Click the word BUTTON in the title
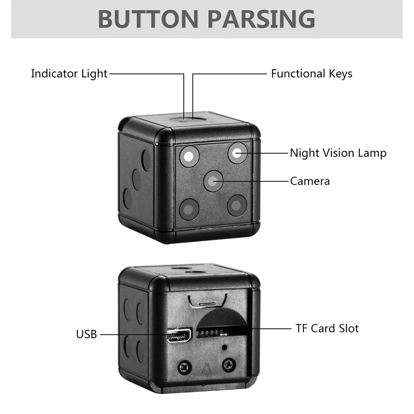149,19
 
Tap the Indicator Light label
69,74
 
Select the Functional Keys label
311,74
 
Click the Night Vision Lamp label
338,153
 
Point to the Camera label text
310,181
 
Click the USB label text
86,334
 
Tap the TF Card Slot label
327,329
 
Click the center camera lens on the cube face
213,181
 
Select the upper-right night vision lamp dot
238,153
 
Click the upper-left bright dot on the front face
189,156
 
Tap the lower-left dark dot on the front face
189,209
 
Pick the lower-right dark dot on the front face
237,205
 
